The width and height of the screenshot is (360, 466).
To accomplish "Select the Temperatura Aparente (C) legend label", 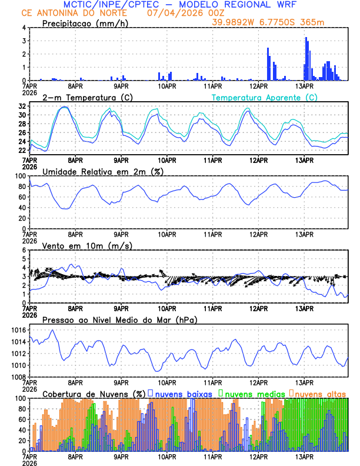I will click(x=264, y=97).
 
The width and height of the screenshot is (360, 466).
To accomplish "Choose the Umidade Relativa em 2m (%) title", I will click(x=104, y=171).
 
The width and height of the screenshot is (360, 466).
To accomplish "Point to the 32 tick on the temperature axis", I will click(x=22, y=106).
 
